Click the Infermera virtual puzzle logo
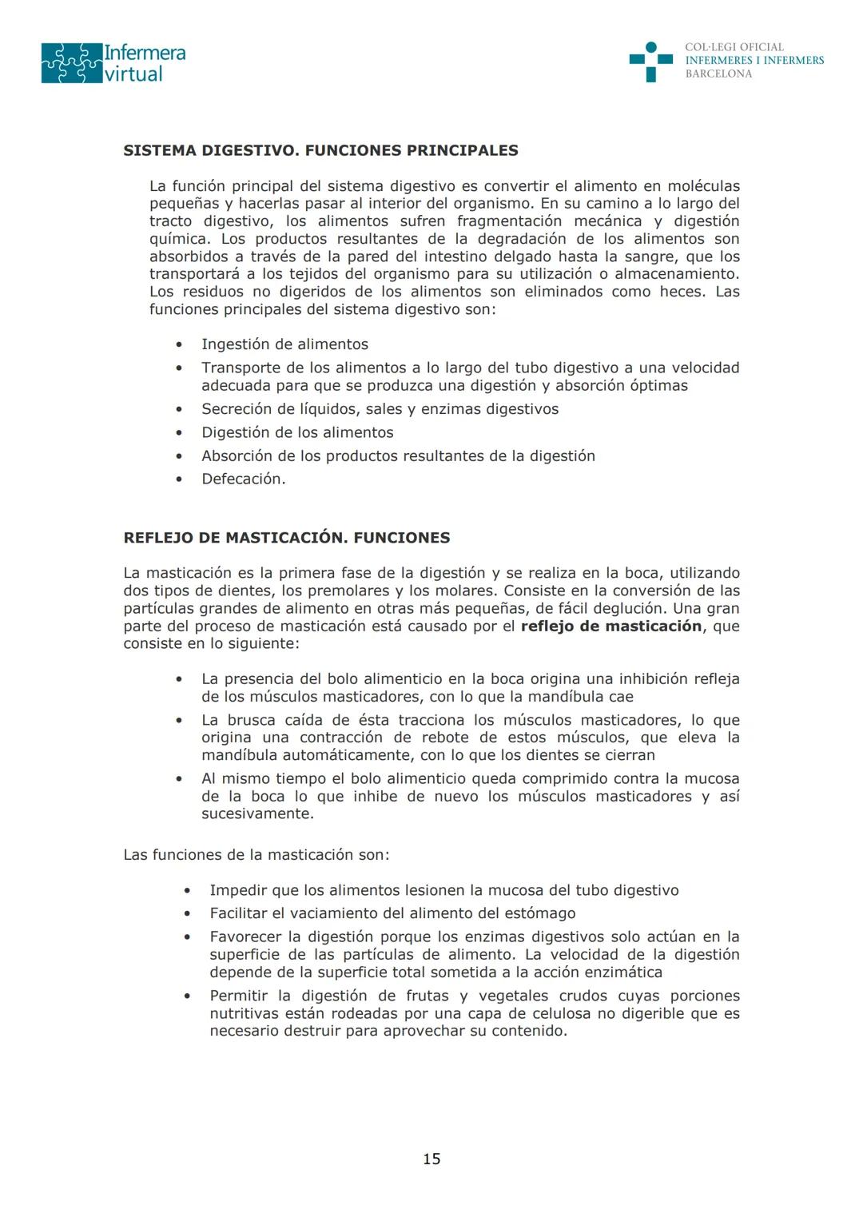[113, 63]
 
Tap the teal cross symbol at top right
[650, 62]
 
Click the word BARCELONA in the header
[718, 74]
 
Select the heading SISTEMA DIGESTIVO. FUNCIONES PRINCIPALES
[320, 150]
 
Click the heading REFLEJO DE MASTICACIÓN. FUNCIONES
[286, 538]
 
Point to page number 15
[431, 1159]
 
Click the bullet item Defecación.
[243, 479]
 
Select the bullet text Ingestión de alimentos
[284, 344]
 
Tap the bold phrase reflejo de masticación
[610, 626]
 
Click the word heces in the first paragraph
[682, 292]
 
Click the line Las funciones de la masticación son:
[257, 855]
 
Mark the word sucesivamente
[257, 814]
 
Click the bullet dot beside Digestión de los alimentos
[179, 433]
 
